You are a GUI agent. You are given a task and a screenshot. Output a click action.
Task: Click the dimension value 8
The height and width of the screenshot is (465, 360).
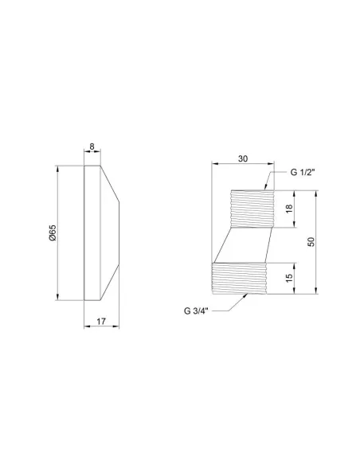(92, 147)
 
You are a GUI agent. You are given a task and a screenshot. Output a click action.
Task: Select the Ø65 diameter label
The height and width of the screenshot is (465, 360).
(53, 232)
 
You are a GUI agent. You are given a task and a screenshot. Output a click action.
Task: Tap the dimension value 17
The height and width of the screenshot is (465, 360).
(101, 321)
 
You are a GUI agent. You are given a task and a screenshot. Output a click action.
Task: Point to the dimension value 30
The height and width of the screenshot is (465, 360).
(243, 158)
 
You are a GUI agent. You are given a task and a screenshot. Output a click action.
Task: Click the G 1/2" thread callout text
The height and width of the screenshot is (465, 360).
(302, 172)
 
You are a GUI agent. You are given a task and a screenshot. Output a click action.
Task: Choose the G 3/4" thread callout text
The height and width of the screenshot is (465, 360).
(196, 311)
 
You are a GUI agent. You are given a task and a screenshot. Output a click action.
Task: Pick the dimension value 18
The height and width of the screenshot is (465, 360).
(289, 209)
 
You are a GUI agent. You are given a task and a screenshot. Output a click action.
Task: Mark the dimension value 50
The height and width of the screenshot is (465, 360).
(311, 242)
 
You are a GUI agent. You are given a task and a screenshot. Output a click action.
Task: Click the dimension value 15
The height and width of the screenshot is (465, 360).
(289, 278)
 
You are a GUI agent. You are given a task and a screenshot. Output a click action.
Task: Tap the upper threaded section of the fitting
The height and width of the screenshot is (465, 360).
(252, 209)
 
